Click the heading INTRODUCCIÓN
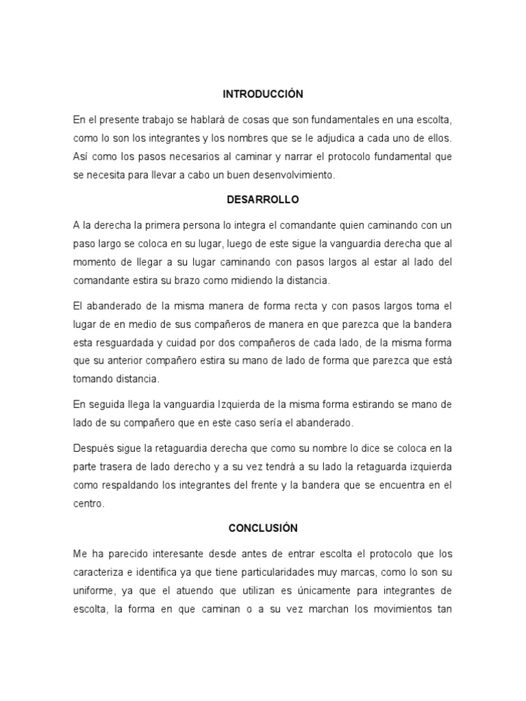(263, 93)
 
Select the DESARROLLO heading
(263, 200)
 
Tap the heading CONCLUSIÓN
(263, 528)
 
